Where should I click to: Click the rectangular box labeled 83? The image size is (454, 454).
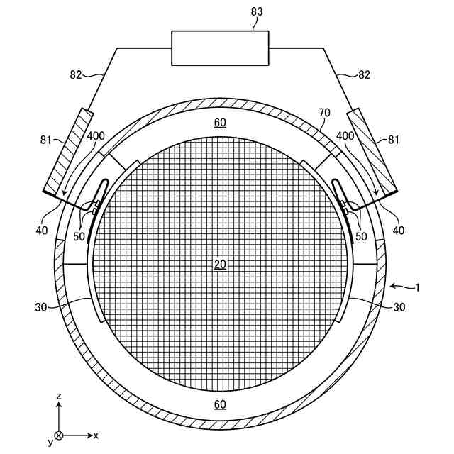220,48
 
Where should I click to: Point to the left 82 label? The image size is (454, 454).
76,74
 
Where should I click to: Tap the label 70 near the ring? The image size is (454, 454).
324,112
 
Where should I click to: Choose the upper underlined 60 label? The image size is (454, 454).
220,123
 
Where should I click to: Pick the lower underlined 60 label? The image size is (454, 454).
220,404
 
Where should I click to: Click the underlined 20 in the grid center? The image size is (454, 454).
220,265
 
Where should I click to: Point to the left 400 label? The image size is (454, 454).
97,135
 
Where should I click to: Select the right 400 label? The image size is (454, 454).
345,135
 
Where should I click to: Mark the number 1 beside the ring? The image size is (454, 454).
418,287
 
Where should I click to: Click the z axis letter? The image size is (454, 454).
59,395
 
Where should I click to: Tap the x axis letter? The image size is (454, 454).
96,434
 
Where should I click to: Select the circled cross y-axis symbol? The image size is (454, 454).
59,435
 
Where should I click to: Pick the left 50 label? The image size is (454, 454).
78,236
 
